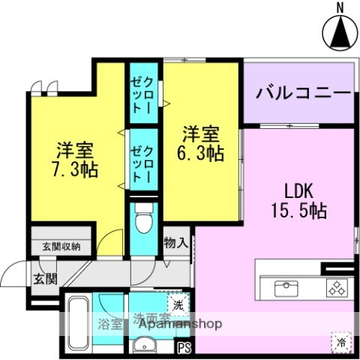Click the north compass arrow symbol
pos(338,31)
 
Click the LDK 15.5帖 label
pos(298,200)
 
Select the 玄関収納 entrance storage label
pos(61,245)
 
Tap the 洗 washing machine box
pos(177,305)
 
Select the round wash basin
pos(142,344)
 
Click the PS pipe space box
pos(184,346)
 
